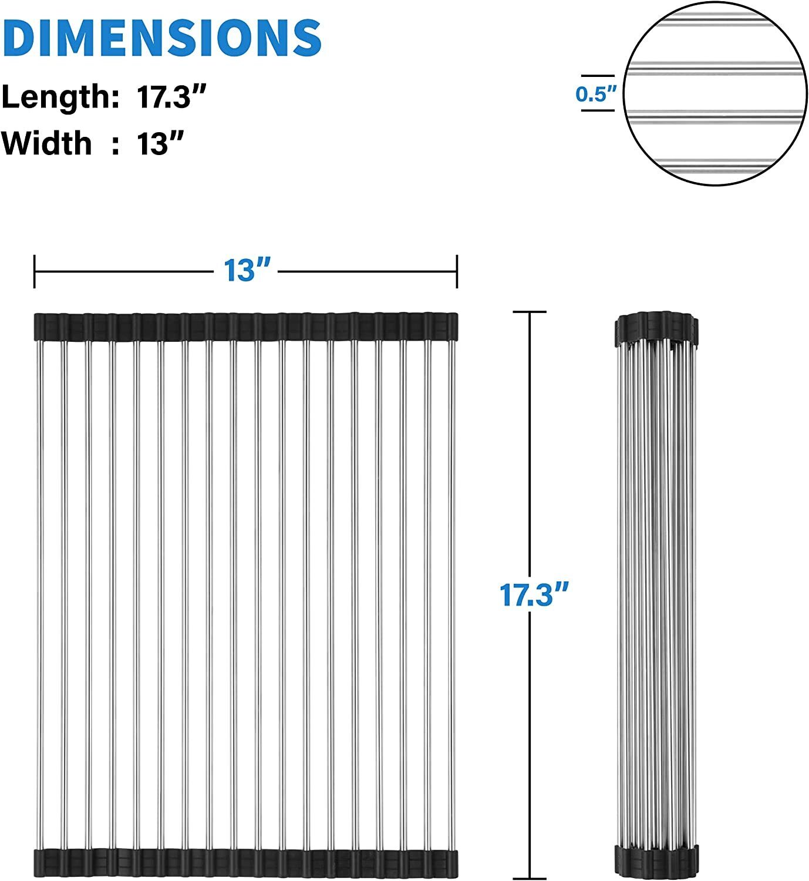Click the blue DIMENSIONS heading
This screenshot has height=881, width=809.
(x=161, y=38)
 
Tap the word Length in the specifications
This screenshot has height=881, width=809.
(x=60, y=97)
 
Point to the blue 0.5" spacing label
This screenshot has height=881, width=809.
(x=596, y=93)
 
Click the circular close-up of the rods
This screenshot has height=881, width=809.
(x=716, y=93)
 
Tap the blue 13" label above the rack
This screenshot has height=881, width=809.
(x=247, y=270)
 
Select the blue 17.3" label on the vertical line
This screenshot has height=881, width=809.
(x=534, y=594)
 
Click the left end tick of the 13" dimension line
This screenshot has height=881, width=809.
(x=34, y=271)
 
